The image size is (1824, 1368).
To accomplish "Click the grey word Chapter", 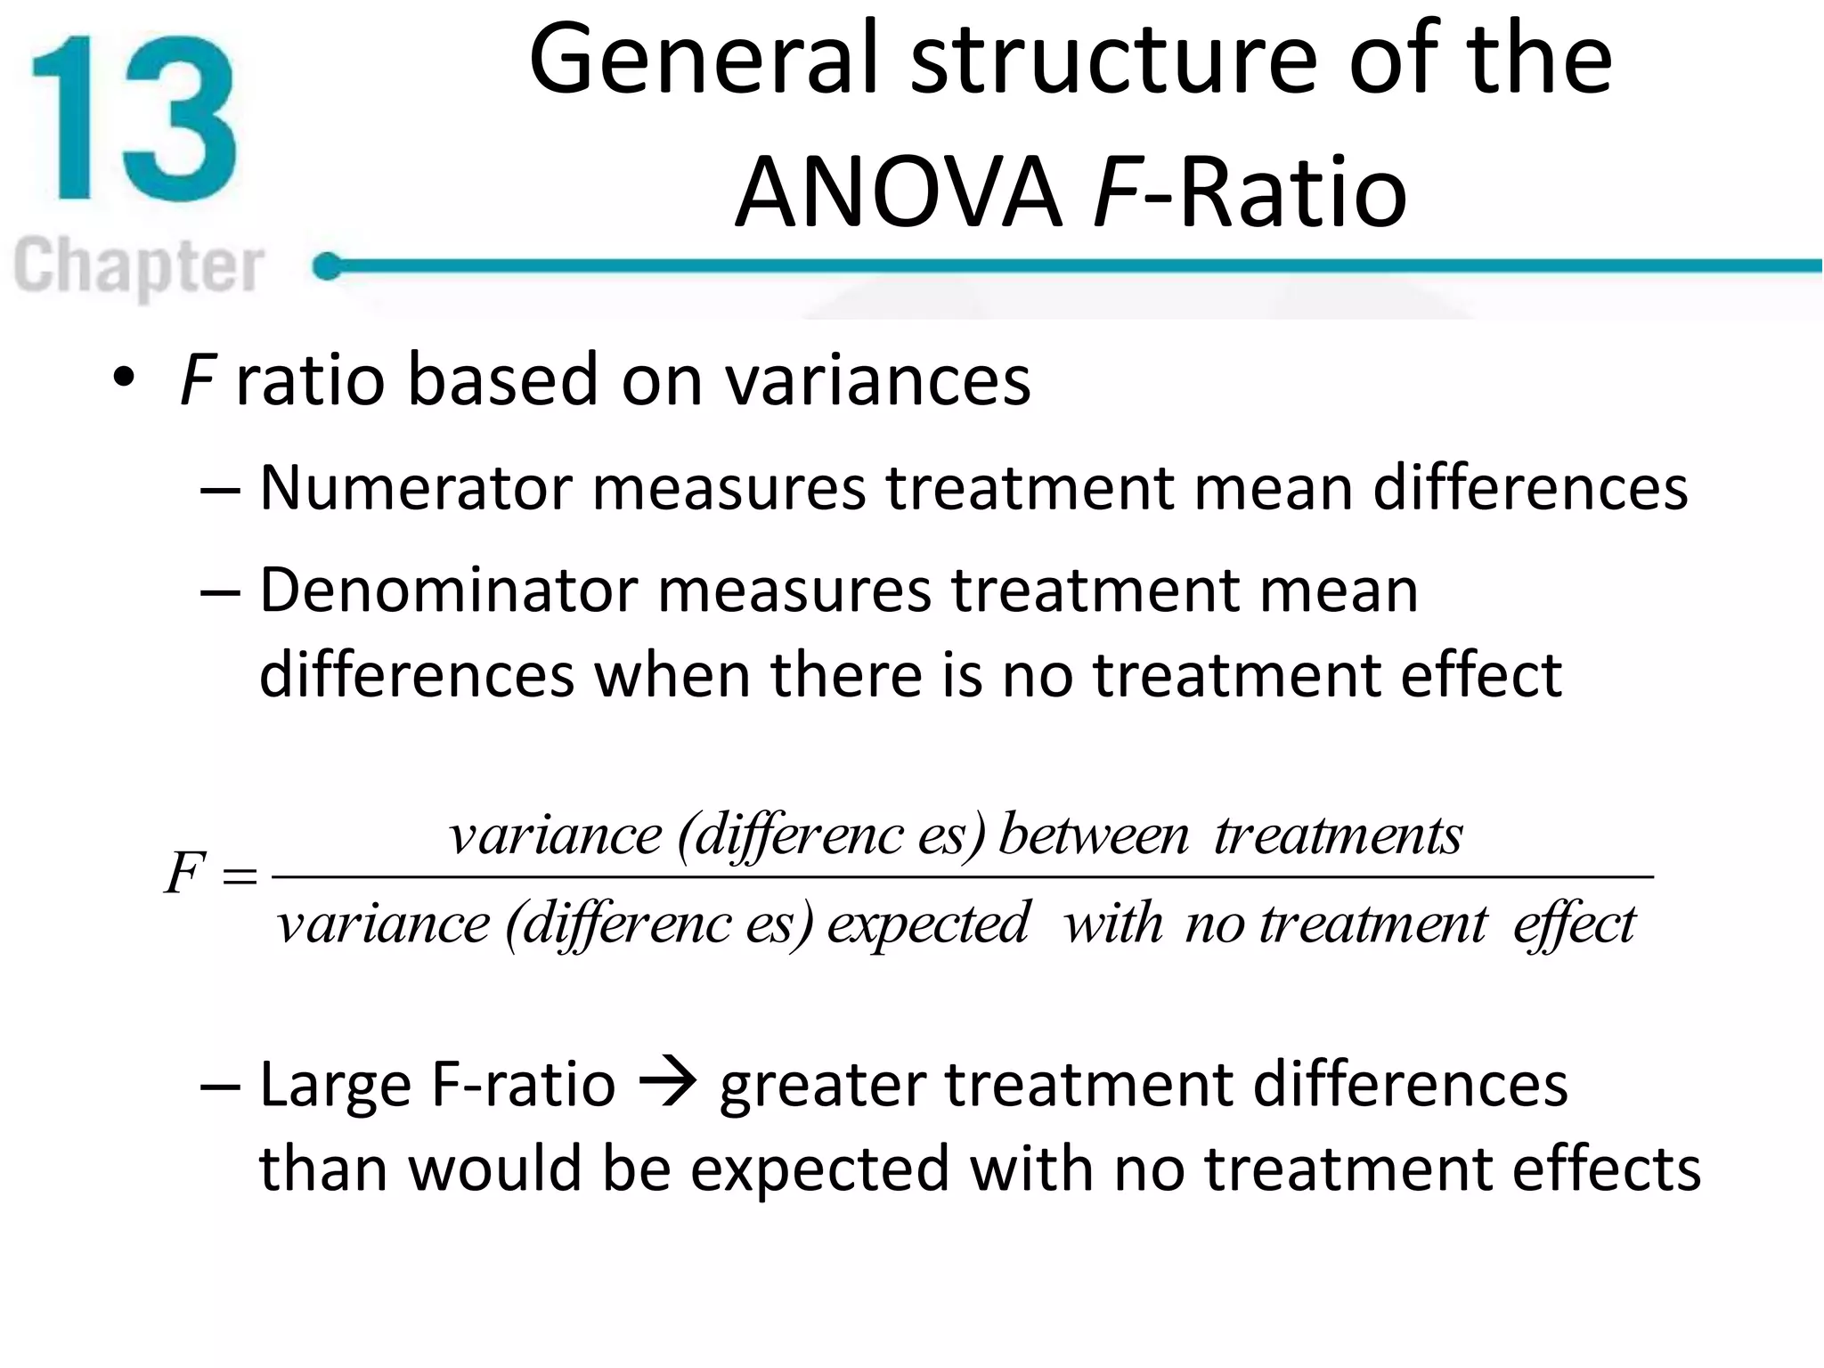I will [x=139, y=265].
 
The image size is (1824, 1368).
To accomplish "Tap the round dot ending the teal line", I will [x=328, y=265].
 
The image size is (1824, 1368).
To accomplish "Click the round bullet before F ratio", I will [x=124, y=378].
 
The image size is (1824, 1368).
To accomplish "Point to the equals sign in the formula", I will [x=240, y=876].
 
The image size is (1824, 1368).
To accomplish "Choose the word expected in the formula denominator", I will [x=928, y=924].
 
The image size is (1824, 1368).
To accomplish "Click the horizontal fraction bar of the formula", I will [x=962, y=877].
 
